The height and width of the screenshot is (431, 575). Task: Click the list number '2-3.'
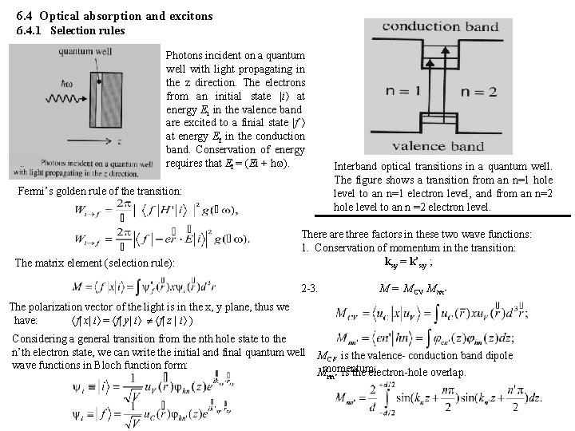pyautogui.click(x=312, y=287)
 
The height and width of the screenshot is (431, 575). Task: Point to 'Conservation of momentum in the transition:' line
pyautogui.click(x=414, y=247)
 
